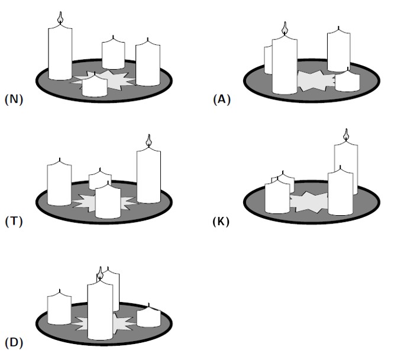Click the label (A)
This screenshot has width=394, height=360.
pos(221,99)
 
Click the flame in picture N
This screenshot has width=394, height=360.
pos(59,18)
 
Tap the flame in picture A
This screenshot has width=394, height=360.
pos(285,28)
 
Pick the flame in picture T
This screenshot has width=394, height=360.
pos(148,141)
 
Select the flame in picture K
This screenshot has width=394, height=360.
pos(346,135)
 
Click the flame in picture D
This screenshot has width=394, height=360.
pos(100,274)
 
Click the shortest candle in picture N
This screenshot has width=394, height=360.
pos(94,86)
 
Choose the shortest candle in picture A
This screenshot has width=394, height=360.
pos(347,82)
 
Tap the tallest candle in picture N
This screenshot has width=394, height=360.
pos(60,53)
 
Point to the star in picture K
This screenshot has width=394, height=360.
pos(309,202)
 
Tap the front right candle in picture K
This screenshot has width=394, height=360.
pos(340,193)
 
